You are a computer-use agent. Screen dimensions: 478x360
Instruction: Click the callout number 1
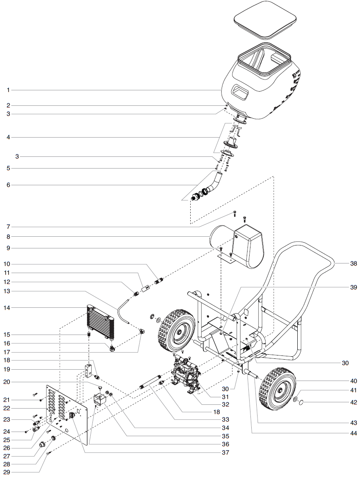point(8,90)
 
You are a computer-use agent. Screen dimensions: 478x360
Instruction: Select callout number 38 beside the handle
point(354,264)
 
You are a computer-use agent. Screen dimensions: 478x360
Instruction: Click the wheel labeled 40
point(277,389)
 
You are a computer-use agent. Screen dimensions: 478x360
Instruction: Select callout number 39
point(354,288)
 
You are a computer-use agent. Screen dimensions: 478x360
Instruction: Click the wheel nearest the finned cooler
point(176,329)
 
